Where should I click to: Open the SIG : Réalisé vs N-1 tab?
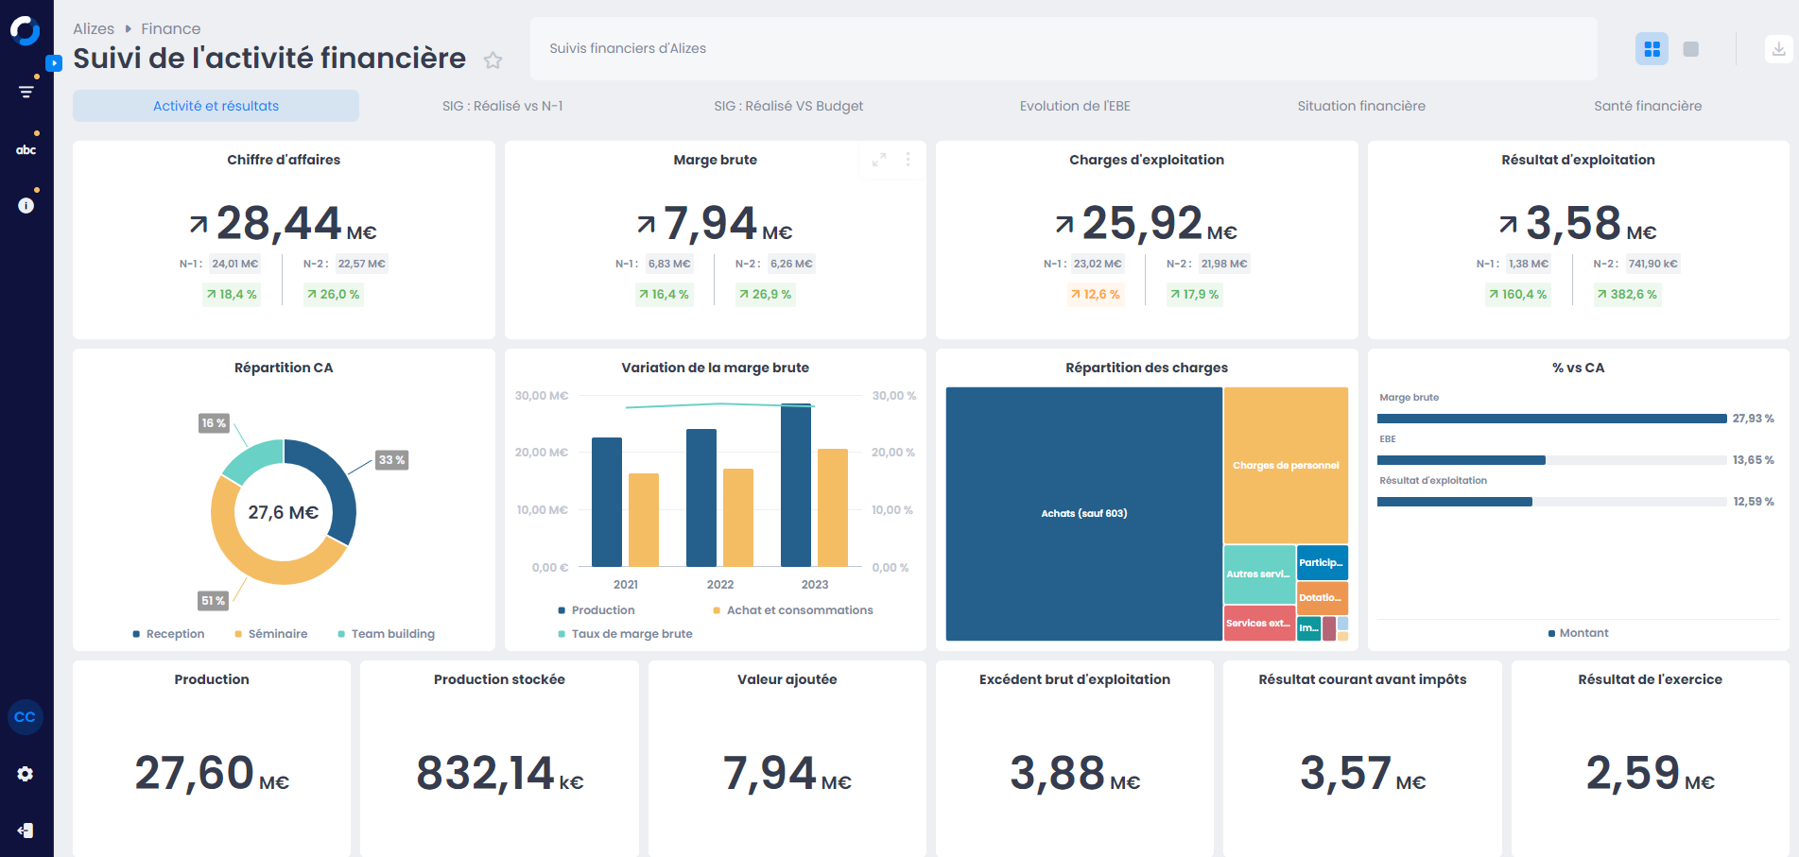click(502, 106)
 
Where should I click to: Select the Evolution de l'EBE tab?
click(1075, 106)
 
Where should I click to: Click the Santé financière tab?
click(1647, 106)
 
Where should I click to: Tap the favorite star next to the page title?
click(493, 60)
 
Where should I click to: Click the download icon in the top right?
click(1778, 49)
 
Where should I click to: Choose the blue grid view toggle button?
click(1652, 49)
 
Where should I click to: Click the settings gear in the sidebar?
click(26, 774)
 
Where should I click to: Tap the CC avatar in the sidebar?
click(26, 717)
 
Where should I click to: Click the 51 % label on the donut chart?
click(213, 600)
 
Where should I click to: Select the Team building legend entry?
click(392, 634)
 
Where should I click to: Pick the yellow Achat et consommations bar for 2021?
click(644, 520)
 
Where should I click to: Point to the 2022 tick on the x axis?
click(720, 585)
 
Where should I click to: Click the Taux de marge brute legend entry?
click(631, 634)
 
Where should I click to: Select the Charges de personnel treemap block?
click(1286, 465)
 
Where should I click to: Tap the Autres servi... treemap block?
click(1258, 574)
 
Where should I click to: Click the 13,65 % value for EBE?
click(1753, 460)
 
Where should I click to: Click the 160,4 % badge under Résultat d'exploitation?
click(1518, 295)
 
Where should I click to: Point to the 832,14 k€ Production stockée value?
click(499, 774)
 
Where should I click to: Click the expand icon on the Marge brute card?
click(879, 160)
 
